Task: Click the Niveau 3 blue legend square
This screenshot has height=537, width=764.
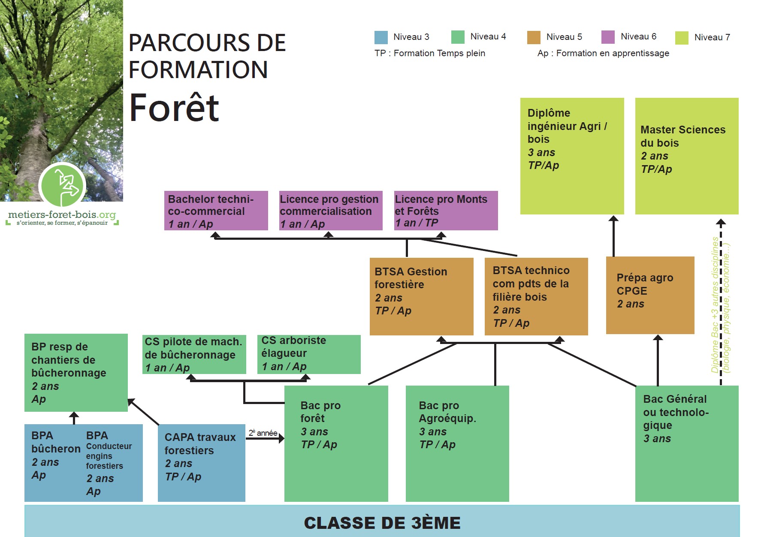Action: pos(381,37)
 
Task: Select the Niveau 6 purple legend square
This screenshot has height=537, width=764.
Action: pos(608,37)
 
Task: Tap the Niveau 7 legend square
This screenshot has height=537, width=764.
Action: pos(682,38)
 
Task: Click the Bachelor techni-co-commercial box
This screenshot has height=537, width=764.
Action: pos(216,211)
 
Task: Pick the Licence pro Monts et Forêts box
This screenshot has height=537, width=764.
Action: pos(446,211)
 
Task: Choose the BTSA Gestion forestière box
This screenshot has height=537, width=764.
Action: pos(421,296)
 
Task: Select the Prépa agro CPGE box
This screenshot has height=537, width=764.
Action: pos(649,295)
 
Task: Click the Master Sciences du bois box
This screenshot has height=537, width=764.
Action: pos(686,156)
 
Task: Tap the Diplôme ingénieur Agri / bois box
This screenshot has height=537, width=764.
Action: pos(572,156)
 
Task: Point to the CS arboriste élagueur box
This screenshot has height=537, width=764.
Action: pos(308,354)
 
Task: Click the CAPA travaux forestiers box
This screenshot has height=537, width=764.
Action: pos(201,462)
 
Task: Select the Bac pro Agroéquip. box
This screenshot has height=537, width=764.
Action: pos(457,443)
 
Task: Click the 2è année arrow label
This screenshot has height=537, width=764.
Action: pos(263,433)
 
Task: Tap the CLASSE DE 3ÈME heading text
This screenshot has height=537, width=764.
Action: pos(382,523)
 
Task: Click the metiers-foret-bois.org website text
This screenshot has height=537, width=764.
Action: pos(62,214)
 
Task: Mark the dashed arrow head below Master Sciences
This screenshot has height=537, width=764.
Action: pos(721,223)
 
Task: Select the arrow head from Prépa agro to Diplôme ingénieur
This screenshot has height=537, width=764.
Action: pos(613,219)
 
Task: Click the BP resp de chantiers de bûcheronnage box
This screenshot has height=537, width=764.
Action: pos(76,372)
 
